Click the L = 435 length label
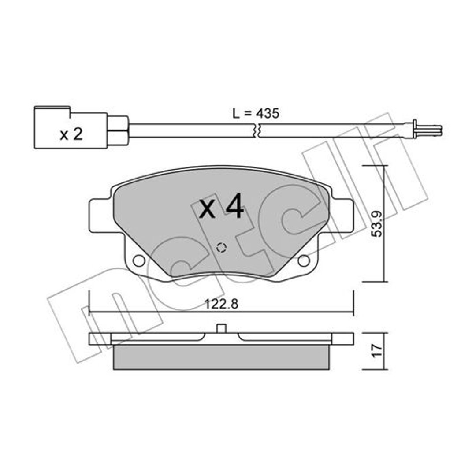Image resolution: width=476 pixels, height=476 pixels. point(256,114)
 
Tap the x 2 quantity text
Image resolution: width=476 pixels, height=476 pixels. point(71,134)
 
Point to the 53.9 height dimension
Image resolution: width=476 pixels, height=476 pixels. point(377,224)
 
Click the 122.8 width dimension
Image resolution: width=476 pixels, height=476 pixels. point(221,304)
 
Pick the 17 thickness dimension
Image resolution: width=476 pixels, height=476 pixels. point(377,351)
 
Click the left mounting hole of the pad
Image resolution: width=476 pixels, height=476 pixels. point(139,261)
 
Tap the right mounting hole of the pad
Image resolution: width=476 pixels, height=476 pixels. point(304,261)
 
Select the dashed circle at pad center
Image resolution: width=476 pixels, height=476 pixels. point(221,248)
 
